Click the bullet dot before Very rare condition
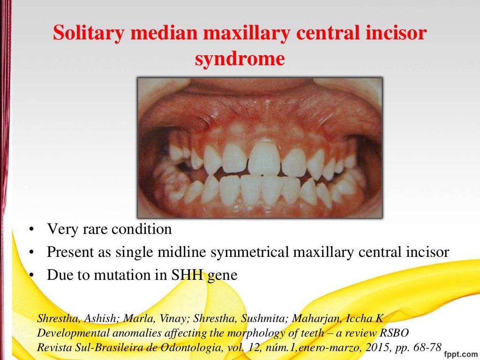(30, 230)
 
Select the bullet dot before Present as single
(30, 252)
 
